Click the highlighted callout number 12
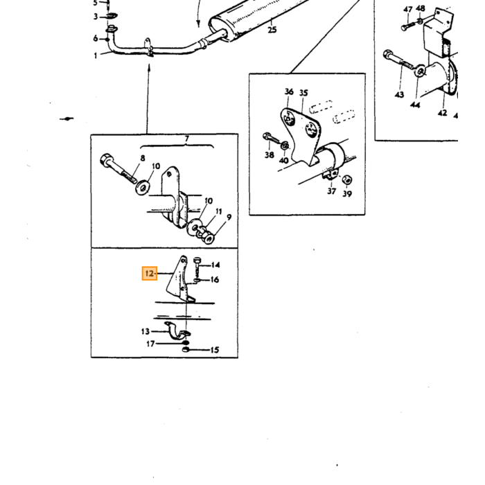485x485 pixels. coord(150,274)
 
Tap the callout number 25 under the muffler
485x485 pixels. coord(272,30)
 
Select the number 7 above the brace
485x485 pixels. coord(187,139)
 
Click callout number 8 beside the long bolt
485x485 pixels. coord(143,159)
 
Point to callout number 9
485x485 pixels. coord(229,218)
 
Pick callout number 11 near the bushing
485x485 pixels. coord(219,211)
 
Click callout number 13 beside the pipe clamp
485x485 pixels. coord(145,332)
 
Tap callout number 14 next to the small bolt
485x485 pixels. coord(215,265)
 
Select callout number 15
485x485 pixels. coord(215,350)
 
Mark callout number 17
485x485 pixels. coord(150,344)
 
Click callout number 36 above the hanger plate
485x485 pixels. coord(289,91)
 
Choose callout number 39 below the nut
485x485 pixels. coord(347,194)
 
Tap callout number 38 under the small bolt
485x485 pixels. coord(270,155)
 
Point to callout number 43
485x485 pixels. coord(399,94)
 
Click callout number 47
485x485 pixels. coord(408,10)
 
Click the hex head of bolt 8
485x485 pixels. coord(105,159)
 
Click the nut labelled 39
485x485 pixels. coord(347,179)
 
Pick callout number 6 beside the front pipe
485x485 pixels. coord(96,38)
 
